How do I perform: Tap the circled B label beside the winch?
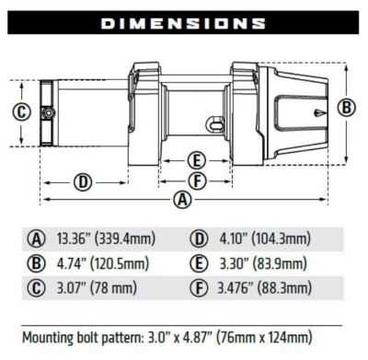tap(347, 108)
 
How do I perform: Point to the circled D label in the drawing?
tap(84, 181)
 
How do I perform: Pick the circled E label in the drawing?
tap(195, 158)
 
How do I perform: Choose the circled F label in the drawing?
tap(195, 178)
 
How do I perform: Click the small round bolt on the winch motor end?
tap(45, 113)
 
